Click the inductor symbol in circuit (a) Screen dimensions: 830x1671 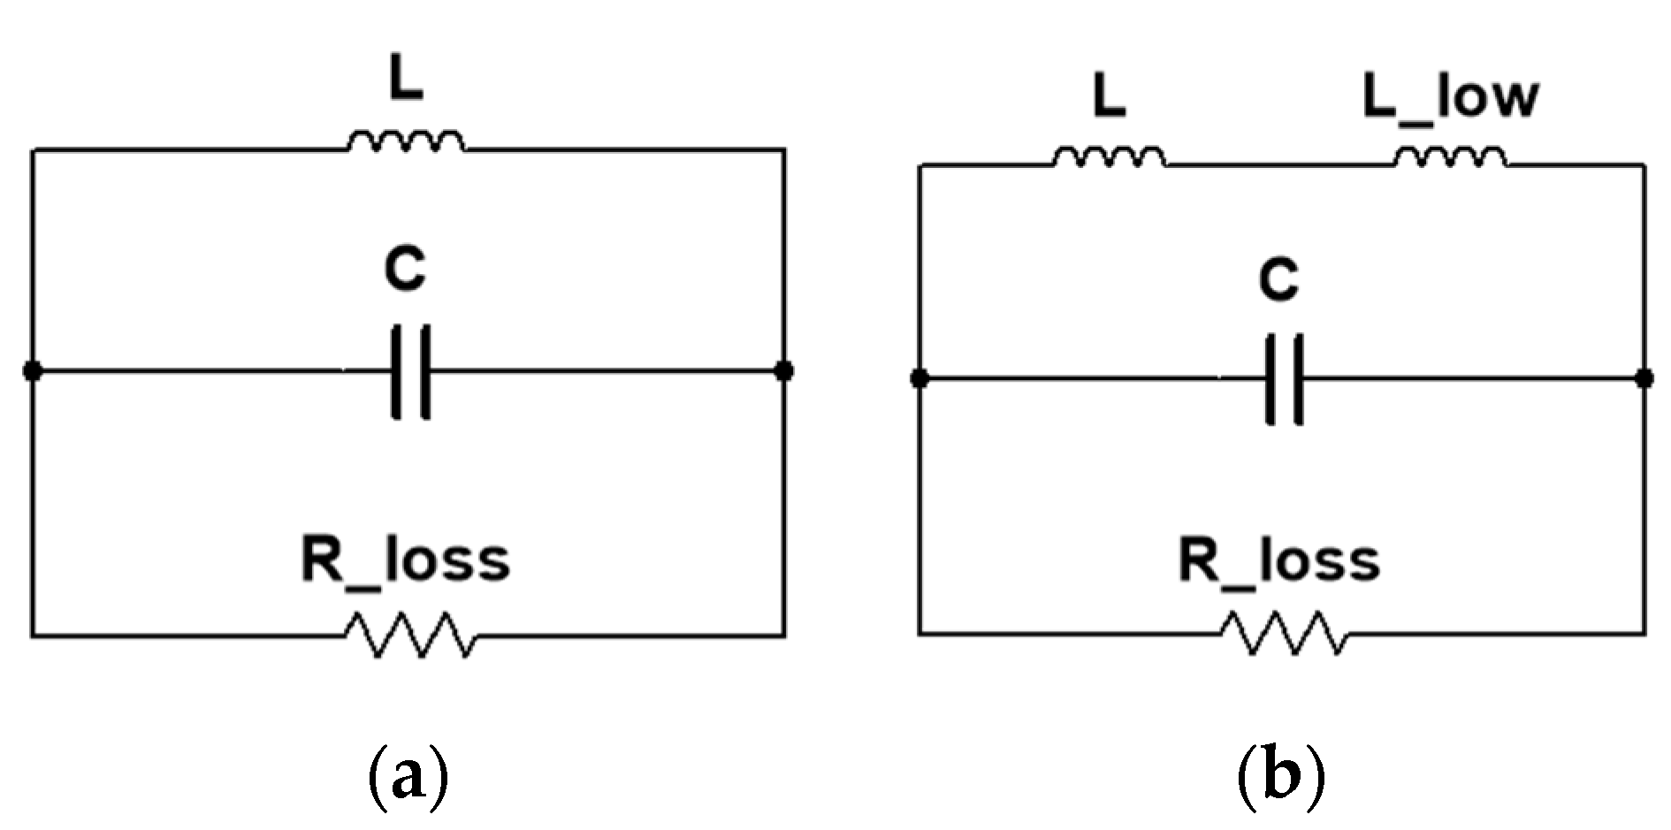point(406,143)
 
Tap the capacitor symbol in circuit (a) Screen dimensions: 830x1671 point(410,371)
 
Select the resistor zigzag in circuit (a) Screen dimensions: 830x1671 point(409,634)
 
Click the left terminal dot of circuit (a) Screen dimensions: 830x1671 point(32,371)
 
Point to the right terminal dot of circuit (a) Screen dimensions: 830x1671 point(783,370)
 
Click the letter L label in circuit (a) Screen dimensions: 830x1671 point(406,81)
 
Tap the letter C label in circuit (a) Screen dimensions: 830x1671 point(406,270)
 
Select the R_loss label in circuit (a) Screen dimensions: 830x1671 point(406,560)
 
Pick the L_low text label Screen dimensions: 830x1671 point(1450,97)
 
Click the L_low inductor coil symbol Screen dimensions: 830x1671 point(1451,158)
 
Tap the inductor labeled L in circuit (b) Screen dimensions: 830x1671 point(1109,158)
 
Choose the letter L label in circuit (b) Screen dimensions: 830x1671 point(1109,99)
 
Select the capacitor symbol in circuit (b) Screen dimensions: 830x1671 point(1284,379)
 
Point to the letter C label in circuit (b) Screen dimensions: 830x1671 point(1279,281)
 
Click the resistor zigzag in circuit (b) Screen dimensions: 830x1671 point(1284,633)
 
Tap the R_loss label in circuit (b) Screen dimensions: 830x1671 point(1279,560)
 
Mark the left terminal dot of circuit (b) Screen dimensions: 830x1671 point(919,379)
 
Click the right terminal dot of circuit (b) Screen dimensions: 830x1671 point(1644,379)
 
